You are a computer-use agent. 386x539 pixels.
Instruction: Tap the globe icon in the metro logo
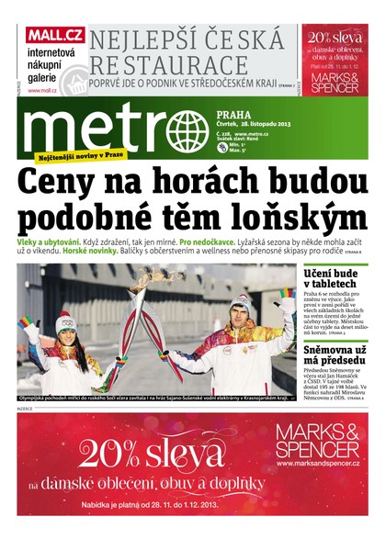click(x=193, y=125)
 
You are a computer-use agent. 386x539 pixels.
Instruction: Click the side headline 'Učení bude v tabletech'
click(x=335, y=277)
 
